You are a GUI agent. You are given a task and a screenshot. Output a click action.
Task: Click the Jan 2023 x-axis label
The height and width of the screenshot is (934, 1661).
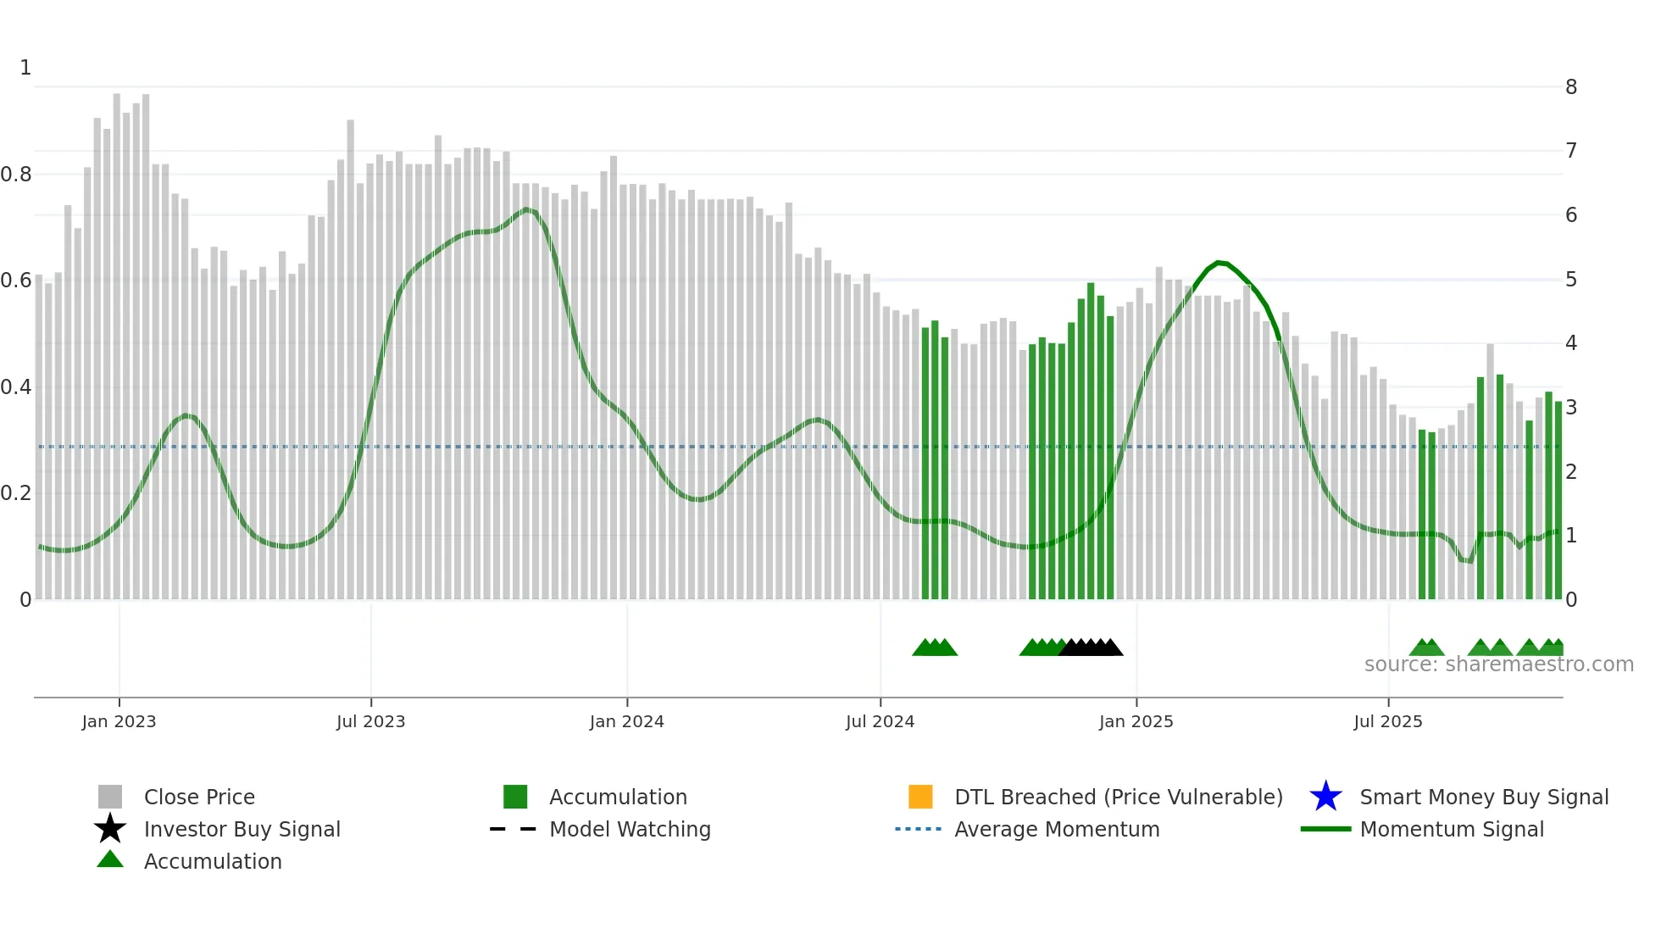coord(119,721)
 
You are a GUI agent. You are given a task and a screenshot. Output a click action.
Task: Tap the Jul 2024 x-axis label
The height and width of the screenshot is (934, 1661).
coord(880,721)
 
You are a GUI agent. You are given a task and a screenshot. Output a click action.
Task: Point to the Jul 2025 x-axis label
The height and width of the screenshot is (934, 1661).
coord(1387,721)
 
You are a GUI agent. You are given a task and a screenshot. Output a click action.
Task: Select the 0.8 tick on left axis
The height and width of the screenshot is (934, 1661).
coord(16,175)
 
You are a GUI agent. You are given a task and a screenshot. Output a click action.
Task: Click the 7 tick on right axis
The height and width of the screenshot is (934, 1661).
coord(1571,151)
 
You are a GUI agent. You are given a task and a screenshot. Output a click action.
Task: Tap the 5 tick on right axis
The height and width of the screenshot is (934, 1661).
coord(1571,280)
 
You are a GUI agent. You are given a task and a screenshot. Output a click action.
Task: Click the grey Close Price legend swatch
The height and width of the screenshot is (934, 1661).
coord(110,797)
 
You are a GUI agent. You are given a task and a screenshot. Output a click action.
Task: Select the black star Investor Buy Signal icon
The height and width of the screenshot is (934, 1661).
coord(110,829)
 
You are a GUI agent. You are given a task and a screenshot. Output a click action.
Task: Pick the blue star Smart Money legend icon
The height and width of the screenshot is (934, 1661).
coord(1325,797)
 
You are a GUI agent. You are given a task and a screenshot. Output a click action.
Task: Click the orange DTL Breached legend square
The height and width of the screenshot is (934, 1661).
coord(920,797)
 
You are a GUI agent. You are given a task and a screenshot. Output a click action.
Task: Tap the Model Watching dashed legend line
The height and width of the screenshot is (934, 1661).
coord(513,829)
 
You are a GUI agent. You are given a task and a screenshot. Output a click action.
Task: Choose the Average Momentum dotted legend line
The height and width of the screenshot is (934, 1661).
coord(918,829)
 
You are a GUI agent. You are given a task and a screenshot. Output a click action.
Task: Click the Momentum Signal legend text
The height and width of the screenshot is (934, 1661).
coord(1452,829)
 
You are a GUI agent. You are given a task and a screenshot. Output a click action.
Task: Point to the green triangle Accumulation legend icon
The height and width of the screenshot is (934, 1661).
coord(110,860)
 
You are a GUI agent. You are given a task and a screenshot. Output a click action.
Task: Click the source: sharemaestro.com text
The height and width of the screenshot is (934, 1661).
coord(1498,664)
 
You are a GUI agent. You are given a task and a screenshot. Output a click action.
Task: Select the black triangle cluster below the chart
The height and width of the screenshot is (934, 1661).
coord(1092,648)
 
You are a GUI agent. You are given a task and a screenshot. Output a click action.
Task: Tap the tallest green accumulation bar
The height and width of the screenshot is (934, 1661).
coord(1091,441)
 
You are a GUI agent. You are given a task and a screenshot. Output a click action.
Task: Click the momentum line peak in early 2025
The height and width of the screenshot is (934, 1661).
coord(1219,263)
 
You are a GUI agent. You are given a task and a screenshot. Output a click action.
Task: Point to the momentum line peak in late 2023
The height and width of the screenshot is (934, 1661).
coord(526,208)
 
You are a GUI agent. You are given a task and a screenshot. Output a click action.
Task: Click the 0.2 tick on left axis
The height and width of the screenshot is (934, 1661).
coord(16,493)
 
